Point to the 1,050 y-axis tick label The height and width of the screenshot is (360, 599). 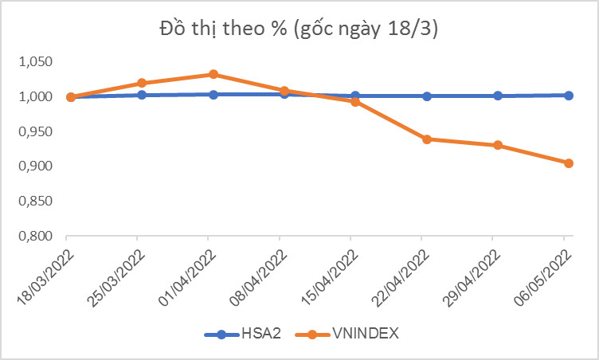[35, 62]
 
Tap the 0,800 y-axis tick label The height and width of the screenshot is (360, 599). [35, 237]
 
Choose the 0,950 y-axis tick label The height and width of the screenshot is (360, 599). [35, 131]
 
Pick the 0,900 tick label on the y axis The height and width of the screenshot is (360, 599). [35, 166]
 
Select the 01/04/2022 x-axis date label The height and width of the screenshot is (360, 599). [189, 275]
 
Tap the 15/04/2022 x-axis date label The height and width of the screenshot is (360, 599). [331, 275]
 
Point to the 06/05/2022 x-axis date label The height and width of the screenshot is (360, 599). [544, 275]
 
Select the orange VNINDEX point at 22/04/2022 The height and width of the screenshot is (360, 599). [427, 139]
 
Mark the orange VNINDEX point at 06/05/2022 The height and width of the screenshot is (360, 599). [569, 163]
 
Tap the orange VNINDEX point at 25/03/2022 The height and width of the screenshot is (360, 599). [142, 83]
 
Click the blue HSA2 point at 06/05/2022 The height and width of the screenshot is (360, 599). [569, 96]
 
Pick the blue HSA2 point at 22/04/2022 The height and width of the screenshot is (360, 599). [427, 96]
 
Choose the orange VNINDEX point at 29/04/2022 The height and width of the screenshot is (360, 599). [498, 145]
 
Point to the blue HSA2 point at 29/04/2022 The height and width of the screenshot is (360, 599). [498, 96]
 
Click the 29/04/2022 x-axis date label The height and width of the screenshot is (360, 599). [473, 275]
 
